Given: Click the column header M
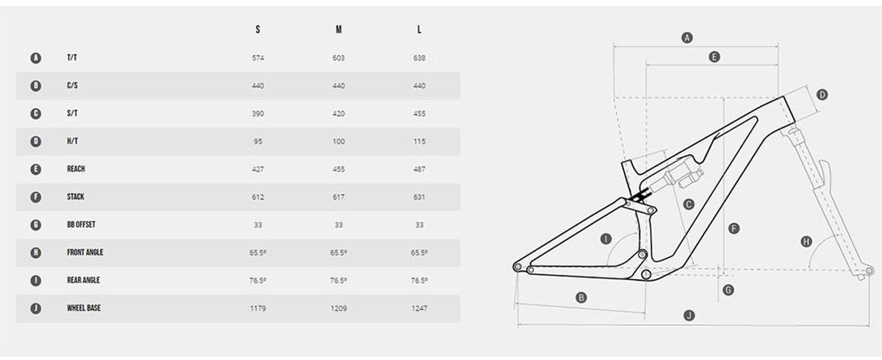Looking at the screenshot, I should coord(338,30).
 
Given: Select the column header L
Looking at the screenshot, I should coord(419,30).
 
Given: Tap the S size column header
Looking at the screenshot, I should coord(257,30).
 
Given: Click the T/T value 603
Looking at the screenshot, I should coord(338,58).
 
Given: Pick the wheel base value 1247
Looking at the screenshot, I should coord(419,308).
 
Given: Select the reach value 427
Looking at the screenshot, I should coord(257,169).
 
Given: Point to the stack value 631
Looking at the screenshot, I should coord(419,197).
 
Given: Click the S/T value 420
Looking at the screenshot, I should coord(338,114).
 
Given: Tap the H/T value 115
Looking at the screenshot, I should coord(419,141).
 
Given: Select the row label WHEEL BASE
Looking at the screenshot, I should coord(83,308).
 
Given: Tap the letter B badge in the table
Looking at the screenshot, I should coord(35,86).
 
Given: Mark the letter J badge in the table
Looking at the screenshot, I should coord(35,308).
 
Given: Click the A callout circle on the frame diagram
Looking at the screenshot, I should coord(687,37).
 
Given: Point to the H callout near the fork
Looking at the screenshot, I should coord(806,241).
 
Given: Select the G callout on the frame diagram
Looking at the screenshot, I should coord(728,289).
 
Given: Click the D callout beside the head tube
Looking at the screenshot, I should coord(822,94).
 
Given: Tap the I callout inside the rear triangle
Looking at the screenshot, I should coord(606,238).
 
